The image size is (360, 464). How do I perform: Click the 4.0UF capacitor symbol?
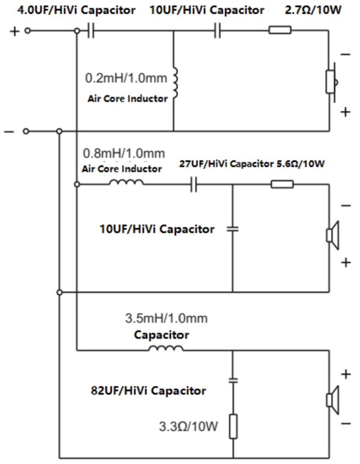[x=91, y=31]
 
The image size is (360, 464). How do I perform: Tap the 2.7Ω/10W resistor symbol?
[x=280, y=30]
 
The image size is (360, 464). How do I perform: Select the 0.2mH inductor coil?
[x=175, y=82]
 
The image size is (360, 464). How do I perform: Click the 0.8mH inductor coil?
[x=126, y=183]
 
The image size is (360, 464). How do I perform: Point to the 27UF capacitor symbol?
[x=194, y=184]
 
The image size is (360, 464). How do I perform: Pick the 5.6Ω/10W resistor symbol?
[x=282, y=184]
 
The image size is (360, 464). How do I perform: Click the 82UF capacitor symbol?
[x=233, y=380]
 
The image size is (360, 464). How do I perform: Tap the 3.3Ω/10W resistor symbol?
[x=233, y=426]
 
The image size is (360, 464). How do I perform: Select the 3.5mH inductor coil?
[x=166, y=348]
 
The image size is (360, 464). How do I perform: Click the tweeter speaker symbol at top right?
[x=332, y=82]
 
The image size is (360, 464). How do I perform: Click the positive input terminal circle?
[x=27, y=30]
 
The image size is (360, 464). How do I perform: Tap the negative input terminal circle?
[x=26, y=131]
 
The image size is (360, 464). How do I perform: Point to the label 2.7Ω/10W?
[x=313, y=10]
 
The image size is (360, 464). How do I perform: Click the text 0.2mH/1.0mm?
[x=126, y=78]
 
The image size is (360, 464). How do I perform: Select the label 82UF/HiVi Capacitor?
[x=148, y=390]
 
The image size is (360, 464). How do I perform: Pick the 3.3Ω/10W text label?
[x=188, y=426]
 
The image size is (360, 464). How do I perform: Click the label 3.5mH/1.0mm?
[x=166, y=318]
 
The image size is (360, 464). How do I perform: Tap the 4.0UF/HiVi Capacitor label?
[x=76, y=10]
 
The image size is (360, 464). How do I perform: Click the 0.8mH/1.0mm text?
[x=124, y=153]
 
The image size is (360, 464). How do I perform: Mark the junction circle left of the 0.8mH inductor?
[x=77, y=184]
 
